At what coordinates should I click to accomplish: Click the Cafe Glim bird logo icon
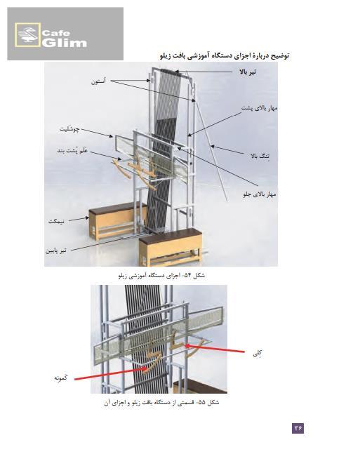coord(27,35)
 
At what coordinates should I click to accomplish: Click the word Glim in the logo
coord(65,43)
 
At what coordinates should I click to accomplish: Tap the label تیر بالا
coord(248,72)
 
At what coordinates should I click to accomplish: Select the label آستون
coord(98,81)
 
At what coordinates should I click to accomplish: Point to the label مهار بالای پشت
coord(260,108)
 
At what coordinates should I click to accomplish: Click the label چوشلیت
coord(69,129)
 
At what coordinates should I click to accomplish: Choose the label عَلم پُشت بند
coord(72,151)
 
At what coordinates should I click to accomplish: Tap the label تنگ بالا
coord(260,156)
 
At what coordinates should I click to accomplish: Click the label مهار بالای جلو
coord(259,194)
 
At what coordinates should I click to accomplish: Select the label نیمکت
coord(56,222)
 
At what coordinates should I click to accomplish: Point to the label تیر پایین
coord(55,251)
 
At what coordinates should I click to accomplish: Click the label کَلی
coord(258,353)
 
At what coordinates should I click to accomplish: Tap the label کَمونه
coord(61,378)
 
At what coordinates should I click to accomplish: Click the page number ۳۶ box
coord(298,427)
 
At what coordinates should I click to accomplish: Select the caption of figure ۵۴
coord(161,275)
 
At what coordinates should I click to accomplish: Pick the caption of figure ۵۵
coord(161,403)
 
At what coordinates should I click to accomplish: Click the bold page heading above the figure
coord(225,55)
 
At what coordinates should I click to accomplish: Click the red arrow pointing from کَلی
coord(215,348)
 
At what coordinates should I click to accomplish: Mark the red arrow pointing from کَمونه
coord(111,373)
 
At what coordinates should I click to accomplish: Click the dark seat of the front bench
coord(170,235)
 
